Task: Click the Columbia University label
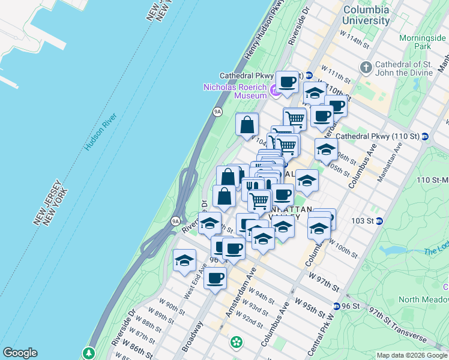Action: coord(366,15)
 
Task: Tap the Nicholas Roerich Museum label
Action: coord(235,91)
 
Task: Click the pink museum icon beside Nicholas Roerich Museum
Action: coord(275,91)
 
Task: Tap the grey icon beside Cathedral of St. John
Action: coord(366,65)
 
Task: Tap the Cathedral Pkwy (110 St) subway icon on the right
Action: coord(425,136)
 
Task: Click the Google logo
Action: coord(20,353)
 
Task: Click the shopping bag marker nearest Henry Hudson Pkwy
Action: coord(247,125)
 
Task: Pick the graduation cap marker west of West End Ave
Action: coord(184,260)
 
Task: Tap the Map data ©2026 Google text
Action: coord(412,355)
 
